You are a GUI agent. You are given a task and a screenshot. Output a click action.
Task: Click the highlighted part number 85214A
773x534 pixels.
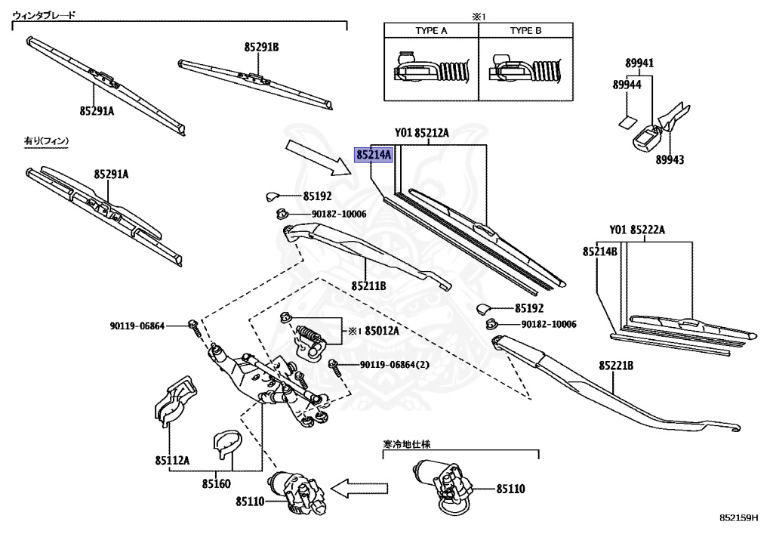tap(374, 155)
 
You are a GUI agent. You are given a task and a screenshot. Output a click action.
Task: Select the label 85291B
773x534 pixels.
tap(261, 48)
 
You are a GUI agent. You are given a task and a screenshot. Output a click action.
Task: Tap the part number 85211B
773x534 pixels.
tap(368, 286)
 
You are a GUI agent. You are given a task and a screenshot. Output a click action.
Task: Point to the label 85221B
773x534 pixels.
tap(616, 366)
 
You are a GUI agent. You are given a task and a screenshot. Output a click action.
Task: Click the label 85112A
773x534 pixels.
tap(172, 461)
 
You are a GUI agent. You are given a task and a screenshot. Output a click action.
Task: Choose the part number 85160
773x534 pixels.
tap(216, 483)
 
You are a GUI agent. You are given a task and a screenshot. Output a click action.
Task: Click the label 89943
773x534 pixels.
tap(670, 160)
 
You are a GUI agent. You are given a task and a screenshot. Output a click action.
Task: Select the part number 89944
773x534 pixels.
tap(627, 85)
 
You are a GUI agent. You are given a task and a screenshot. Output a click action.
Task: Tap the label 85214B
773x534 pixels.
tap(600, 252)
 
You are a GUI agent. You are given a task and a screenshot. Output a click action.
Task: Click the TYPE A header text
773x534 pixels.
tap(431, 30)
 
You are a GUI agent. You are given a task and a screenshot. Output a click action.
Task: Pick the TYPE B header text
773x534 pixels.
tap(525, 30)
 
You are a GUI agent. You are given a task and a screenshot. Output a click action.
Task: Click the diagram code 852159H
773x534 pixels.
tap(738, 517)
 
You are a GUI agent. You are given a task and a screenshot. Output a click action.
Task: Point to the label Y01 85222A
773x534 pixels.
tap(637, 230)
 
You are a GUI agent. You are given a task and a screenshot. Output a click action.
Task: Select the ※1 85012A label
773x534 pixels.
tap(374, 331)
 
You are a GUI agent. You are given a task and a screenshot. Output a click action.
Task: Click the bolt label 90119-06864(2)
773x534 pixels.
tap(394, 365)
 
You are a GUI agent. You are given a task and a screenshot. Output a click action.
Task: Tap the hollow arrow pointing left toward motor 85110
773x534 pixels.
tap(359, 489)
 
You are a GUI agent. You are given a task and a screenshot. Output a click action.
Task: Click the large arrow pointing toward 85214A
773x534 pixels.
tap(318, 158)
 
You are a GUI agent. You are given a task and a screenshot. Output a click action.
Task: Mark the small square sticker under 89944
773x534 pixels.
tap(627, 122)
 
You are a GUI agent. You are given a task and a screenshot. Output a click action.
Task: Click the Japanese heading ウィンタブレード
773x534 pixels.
tap(44, 15)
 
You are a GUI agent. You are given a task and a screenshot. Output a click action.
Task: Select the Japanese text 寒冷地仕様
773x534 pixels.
tap(407, 444)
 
